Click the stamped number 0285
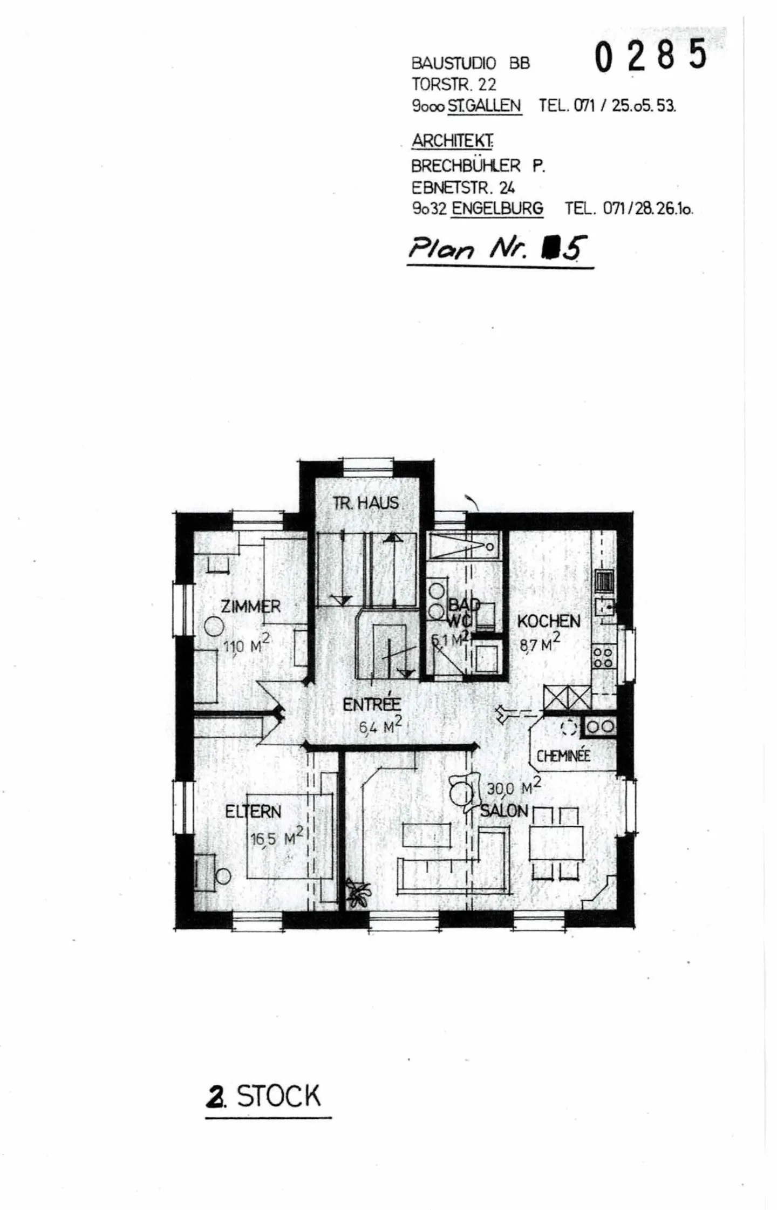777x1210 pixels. coord(650,56)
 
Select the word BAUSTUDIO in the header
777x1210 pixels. coord(453,64)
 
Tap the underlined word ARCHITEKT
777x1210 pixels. coord(452,141)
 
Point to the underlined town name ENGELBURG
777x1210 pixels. coord(497,208)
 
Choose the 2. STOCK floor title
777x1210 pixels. coord(264,1096)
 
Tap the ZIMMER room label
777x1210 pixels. coord(250,606)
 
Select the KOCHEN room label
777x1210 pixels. coord(548,621)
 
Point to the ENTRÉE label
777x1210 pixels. coord(372,704)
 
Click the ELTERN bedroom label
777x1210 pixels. coord(253,812)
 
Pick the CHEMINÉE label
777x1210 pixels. coord(563,756)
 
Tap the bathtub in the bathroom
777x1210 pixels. coord(462,545)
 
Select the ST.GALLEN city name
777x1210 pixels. coord(484,106)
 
